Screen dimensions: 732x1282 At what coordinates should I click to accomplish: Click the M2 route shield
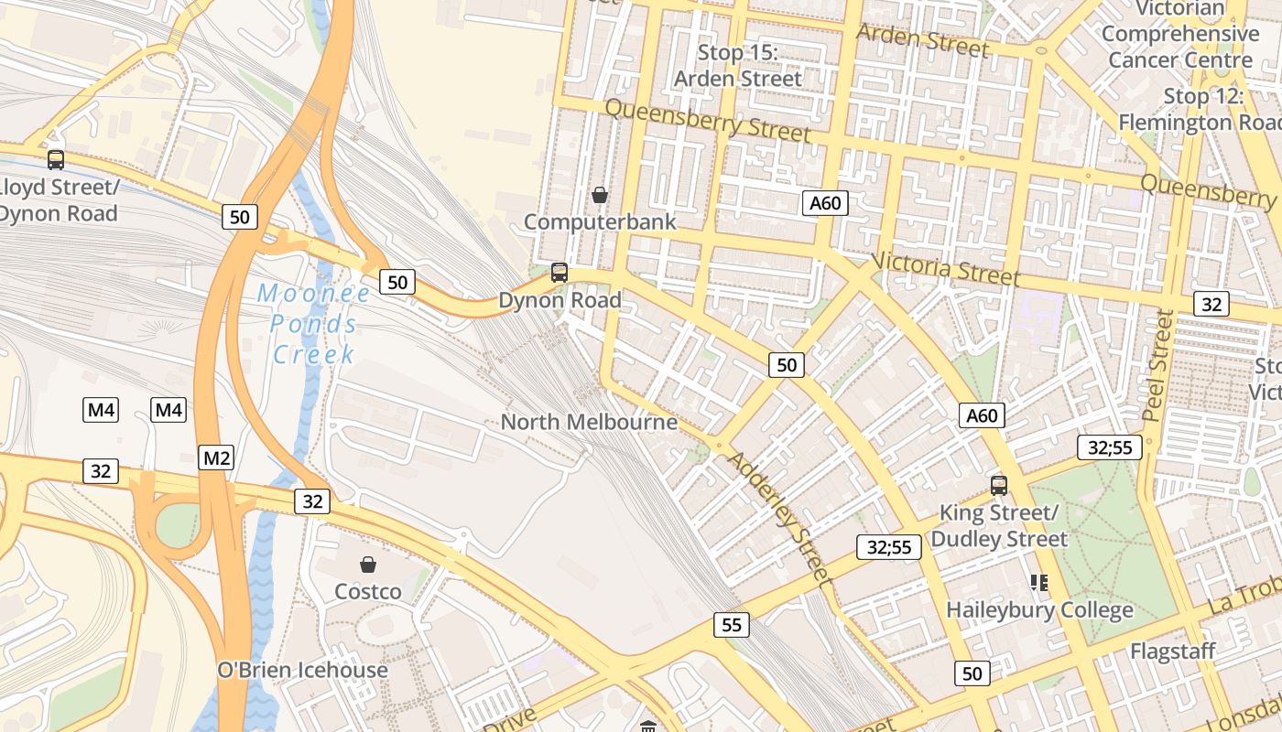tap(216, 457)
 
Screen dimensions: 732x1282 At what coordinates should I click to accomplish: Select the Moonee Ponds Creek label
tap(314, 324)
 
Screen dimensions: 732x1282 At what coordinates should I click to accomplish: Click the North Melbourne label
tap(589, 422)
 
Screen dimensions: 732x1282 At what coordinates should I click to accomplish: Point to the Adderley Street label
tap(780, 518)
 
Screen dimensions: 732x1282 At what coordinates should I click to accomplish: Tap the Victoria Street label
tap(945, 268)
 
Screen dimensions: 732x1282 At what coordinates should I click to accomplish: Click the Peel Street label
tap(1158, 364)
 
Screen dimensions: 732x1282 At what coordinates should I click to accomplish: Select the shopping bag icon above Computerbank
tap(600, 195)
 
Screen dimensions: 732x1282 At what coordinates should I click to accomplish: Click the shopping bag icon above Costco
tap(367, 565)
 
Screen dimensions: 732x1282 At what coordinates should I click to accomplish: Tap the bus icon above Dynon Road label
tap(559, 273)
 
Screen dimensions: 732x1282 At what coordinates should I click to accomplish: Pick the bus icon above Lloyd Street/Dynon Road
tap(56, 160)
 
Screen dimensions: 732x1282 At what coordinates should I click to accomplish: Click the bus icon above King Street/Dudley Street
tap(998, 486)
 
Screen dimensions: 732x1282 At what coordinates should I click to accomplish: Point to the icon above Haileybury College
tap(1038, 582)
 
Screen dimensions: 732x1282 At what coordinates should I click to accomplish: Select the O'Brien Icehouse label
tap(302, 670)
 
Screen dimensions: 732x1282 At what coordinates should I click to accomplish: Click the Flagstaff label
tap(1172, 651)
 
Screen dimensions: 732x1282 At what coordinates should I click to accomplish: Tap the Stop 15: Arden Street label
tap(737, 66)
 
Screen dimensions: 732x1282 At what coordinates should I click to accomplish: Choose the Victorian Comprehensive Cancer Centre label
tap(1180, 34)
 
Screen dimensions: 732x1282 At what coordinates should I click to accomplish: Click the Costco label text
tap(368, 592)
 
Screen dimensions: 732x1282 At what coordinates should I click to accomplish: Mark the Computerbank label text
tap(600, 221)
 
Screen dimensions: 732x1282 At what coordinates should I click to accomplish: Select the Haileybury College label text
tap(1039, 609)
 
